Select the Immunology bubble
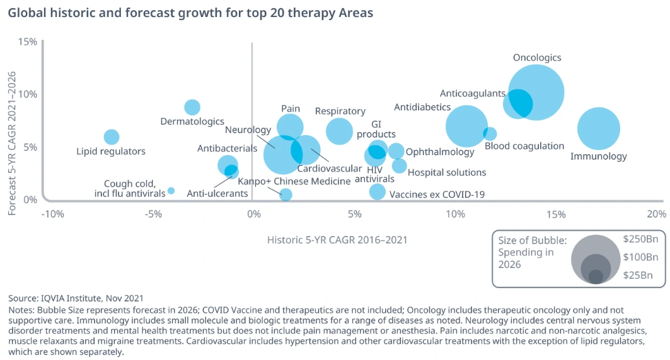coord(598,129)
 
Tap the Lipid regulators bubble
coord(112,137)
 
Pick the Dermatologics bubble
coord(192,107)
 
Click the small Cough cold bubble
coord(171,190)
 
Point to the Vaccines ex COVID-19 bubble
coord(377,192)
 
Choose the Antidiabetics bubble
coord(466,126)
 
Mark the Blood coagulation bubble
coord(490,134)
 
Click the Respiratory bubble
coord(340,131)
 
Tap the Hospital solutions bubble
coord(399,166)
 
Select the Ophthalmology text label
coord(440,152)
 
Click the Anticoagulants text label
coord(472,93)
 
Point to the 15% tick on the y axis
coord(27,42)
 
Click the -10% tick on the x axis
coord(52,213)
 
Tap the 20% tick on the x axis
coord(656,213)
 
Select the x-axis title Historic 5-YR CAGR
coord(337,240)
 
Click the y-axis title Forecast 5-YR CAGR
coord(12,143)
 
